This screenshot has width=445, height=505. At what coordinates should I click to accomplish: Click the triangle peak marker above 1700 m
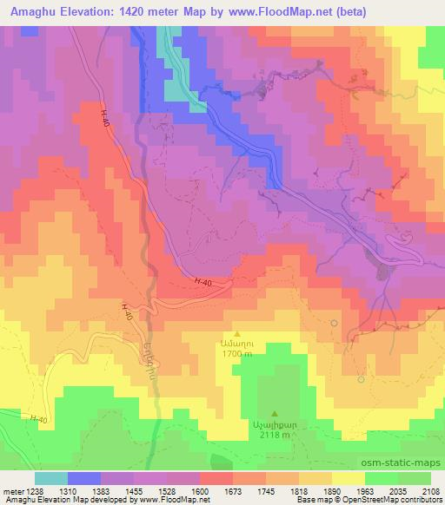click(x=236, y=332)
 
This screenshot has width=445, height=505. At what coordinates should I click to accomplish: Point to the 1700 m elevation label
click(x=236, y=354)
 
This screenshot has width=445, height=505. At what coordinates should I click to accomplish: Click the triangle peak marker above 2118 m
click(x=276, y=414)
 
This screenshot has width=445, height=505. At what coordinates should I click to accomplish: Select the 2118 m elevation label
click(x=276, y=436)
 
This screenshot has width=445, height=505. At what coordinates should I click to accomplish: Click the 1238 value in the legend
click(x=32, y=490)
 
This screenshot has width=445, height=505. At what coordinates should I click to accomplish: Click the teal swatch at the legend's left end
click(x=51, y=478)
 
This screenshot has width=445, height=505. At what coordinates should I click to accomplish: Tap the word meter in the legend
click(x=11, y=490)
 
